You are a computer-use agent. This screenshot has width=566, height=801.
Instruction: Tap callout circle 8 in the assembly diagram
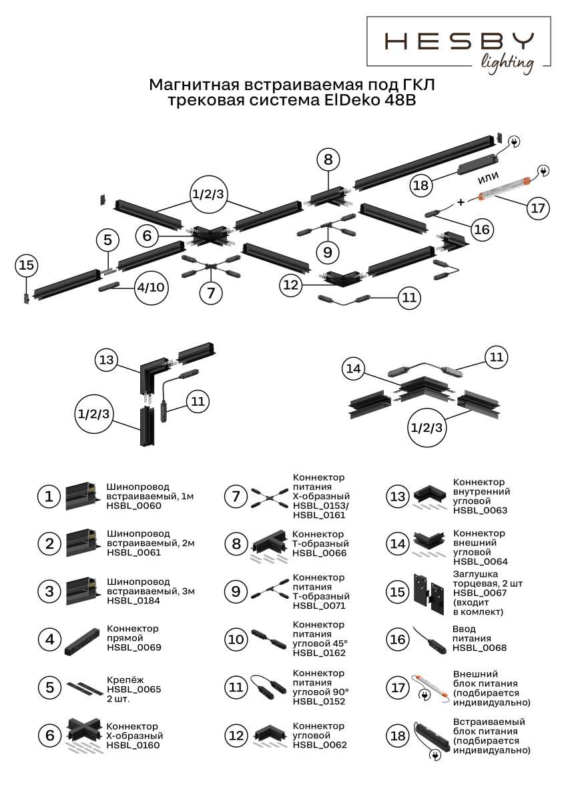[x=327, y=160]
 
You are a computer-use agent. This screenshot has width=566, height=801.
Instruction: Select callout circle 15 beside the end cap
[x=25, y=266]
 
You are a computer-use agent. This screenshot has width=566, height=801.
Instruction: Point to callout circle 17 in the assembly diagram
[x=537, y=208]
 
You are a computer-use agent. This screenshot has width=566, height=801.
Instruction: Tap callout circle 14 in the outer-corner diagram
[x=355, y=368]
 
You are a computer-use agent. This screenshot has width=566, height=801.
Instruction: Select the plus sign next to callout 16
[x=461, y=200]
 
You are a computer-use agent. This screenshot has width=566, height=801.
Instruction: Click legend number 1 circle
[x=49, y=497]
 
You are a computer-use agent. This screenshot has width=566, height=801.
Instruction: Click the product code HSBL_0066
[x=319, y=553]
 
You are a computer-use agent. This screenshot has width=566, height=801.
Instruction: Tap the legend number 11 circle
[x=236, y=687]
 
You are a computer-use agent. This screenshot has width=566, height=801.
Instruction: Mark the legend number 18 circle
[x=398, y=736]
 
